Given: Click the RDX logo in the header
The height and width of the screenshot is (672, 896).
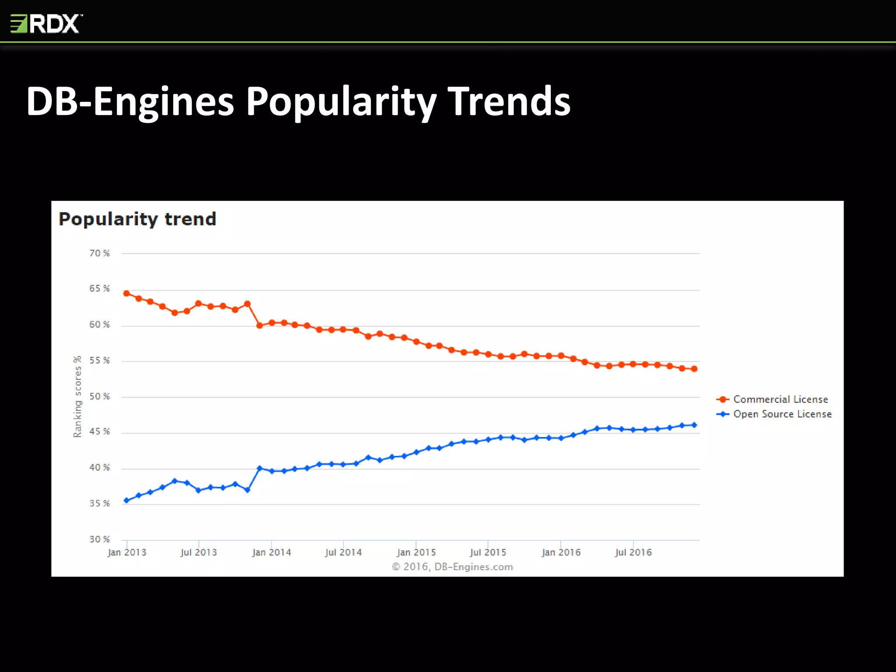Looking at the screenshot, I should click(x=46, y=24).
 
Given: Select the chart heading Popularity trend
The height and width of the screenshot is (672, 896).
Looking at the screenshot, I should click(x=137, y=219).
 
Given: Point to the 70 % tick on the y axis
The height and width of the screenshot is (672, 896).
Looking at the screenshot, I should click(x=99, y=253).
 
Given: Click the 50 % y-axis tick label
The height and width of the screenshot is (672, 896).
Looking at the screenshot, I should click(x=99, y=396).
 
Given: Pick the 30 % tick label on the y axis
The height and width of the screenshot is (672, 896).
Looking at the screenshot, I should click(x=99, y=539).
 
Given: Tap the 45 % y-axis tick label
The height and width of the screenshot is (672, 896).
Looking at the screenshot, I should click(x=99, y=432).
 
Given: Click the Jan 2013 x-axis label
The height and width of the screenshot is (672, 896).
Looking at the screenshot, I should click(x=127, y=553).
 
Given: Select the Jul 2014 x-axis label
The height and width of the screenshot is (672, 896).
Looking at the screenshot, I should click(x=343, y=553).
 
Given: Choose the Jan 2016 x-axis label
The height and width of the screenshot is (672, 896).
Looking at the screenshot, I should click(x=561, y=553).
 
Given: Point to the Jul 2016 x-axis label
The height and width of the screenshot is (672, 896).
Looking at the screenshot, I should click(x=633, y=553).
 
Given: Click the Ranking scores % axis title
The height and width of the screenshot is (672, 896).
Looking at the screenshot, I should click(x=77, y=396).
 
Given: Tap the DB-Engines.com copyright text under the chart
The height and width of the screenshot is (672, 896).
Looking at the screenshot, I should click(x=452, y=567).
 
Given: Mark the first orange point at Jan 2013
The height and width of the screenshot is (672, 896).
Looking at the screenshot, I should click(x=126, y=294).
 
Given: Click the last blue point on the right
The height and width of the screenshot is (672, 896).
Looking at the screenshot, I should click(x=694, y=425).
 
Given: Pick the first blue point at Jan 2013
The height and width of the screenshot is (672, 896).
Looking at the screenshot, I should click(x=126, y=500).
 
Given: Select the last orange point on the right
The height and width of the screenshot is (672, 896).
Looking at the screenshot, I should click(x=694, y=369).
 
